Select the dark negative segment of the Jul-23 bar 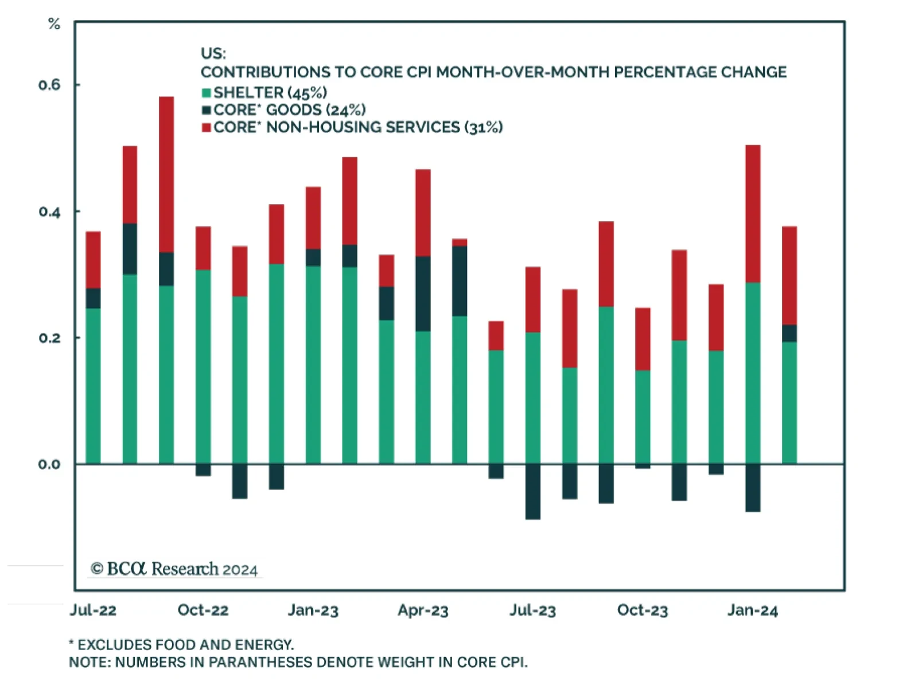[x=532, y=491]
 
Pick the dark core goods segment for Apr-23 [x=423, y=293]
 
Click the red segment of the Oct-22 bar [x=203, y=248]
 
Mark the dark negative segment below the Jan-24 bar [x=753, y=487]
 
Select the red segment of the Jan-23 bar [x=313, y=218]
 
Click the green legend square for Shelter [x=207, y=93]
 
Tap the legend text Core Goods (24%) [x=289, y=109]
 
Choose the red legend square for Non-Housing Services [x=207, y=127]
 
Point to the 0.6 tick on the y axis [x=49, y=85]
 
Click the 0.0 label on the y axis [x=49, y=464]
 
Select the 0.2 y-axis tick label [x=49, y=338]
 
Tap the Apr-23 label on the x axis [x=423, y=610]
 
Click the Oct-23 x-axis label [x=643, y=610]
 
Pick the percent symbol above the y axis [x=54, y=24]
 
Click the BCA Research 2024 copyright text [x=174, y=569]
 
